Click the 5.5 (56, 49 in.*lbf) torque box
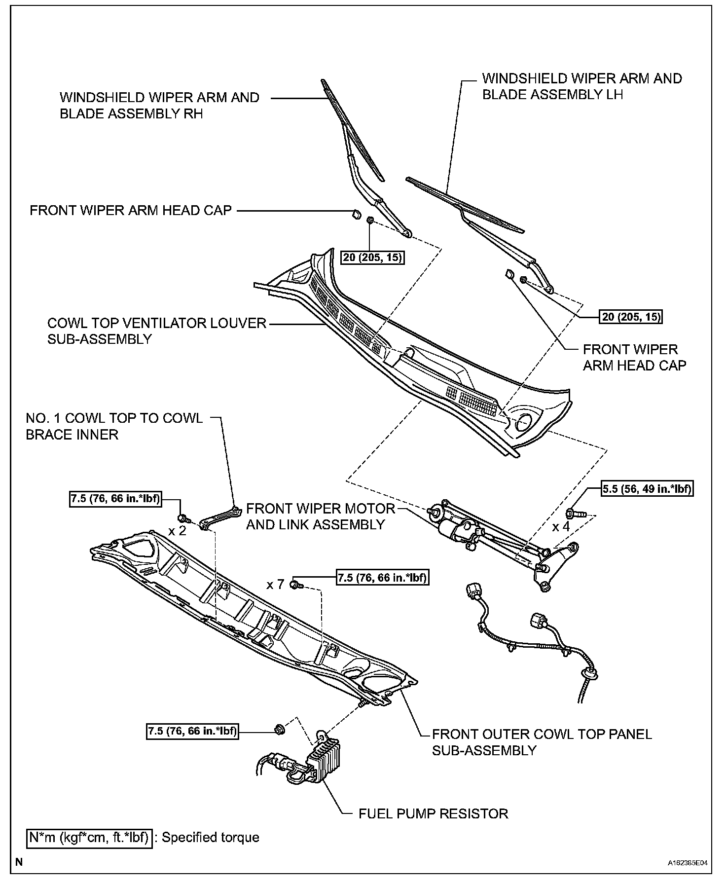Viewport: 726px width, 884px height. (647, 489)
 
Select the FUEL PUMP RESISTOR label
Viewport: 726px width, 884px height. (433, 813)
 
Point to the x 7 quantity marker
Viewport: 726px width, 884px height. (275, 585)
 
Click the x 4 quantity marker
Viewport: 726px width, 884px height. (561, 527)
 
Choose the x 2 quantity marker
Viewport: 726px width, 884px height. (177, 531)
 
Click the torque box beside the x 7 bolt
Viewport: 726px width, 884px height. (382, 577)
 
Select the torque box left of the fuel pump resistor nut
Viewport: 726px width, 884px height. (192, 731)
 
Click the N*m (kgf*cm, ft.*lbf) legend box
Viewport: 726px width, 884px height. (89, 838)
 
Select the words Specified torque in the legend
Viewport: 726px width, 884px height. (211, 838)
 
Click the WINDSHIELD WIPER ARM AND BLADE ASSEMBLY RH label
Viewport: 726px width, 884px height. (159, 106)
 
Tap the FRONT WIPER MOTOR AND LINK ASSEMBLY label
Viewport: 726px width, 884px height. (320, 516)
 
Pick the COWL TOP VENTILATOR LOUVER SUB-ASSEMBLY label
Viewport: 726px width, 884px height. (157, 331)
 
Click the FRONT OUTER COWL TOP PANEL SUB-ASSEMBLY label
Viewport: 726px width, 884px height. (542, 742)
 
